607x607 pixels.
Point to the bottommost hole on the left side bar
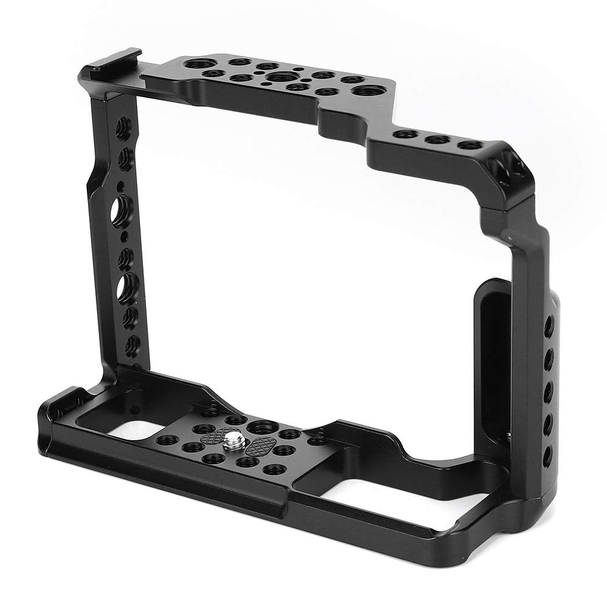coord(132,344)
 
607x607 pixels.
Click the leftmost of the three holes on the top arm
coord(405,134)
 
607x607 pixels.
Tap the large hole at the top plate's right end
coord(366,90)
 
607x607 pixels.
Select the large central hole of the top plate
coord(278,77)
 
